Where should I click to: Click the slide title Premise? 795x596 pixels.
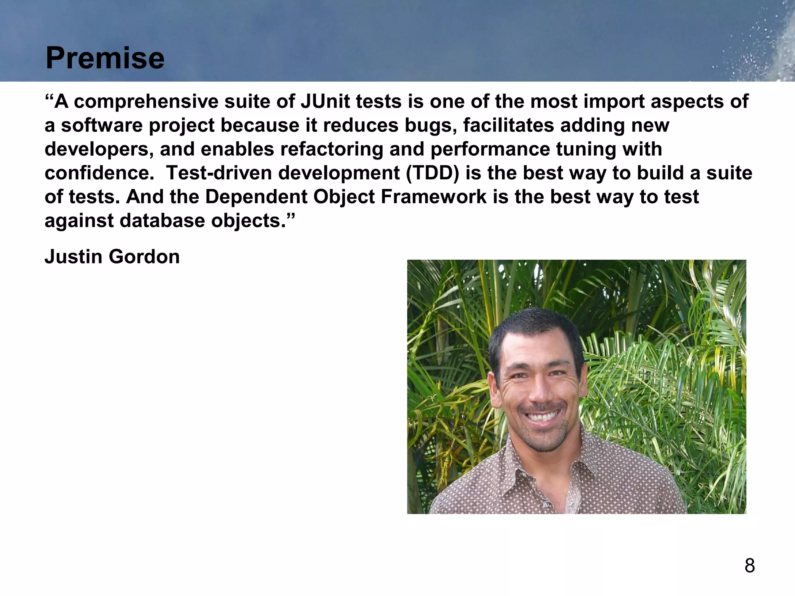(x=105, y=58)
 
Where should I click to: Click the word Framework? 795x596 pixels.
(x=433, y=197)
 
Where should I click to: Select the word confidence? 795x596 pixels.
(x=99, y=173)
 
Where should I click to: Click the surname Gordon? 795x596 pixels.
(x=144, y=257)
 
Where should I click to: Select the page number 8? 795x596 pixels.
(x=750, y=566)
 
